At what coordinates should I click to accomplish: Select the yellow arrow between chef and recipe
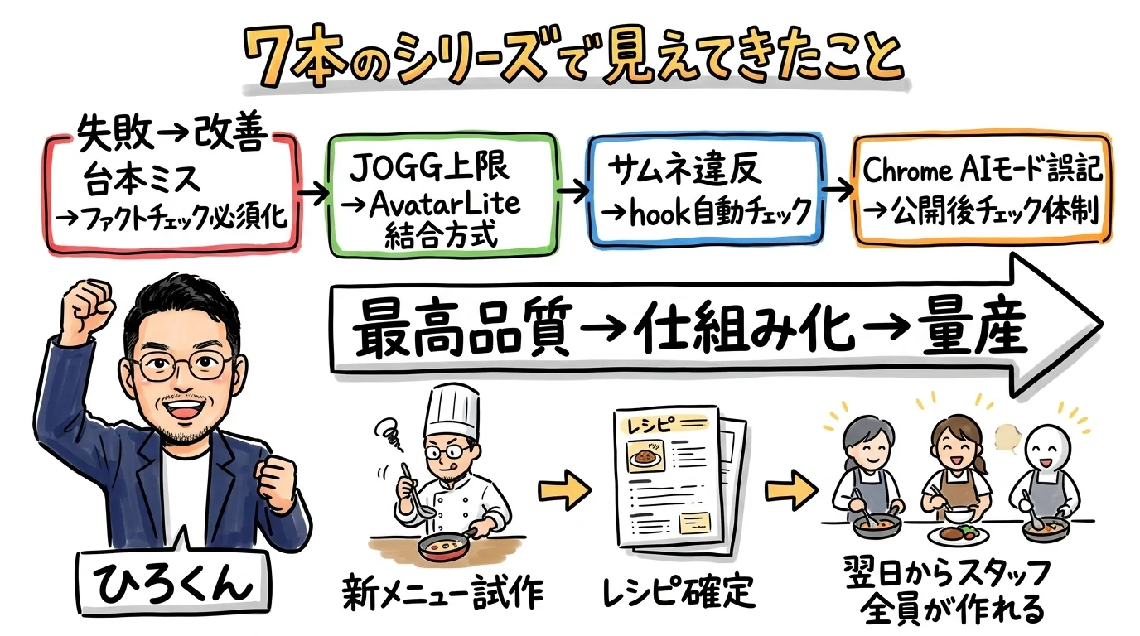(x=563, y=491)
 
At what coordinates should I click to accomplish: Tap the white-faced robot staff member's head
(x=1046, y=451)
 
